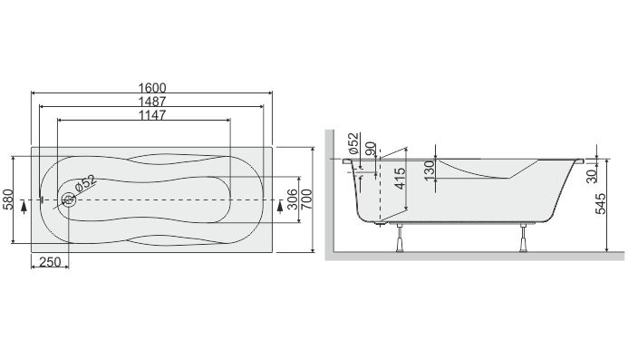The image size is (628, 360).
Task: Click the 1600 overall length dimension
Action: pyautogui.click(x=152, y=88)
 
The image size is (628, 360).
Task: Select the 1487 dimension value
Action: pyautogui.click(x=152, y=102)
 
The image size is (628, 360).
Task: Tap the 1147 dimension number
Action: pyautogui.click(x=152, y=115)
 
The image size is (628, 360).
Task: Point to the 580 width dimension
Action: pyautogui.click(x=8, y=199)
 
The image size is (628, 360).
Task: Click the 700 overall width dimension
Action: pyautogui.click(x=307, y=199)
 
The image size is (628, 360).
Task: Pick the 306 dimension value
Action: pyautogui.click(x=293, y=199)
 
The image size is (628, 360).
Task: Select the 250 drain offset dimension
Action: pyautogui.click(x=50, y=262)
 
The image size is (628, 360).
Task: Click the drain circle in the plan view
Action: pyautogui.click(x=69, y=199)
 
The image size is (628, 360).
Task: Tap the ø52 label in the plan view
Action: pyautogui.click(x=86, y=183)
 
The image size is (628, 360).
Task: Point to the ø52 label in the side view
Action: pyautogui.click(x=353, y=143)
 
